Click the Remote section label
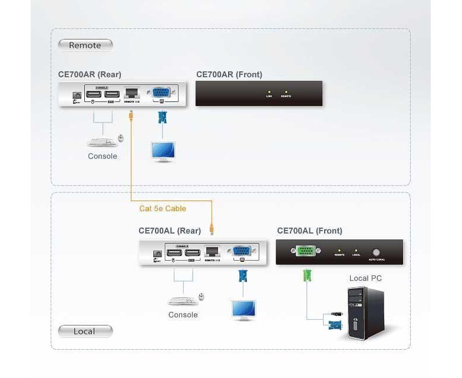pyautogui.click(x=85, y=45)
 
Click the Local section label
pyautogui.click(x=84, y=331)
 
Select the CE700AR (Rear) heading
pyautogui.click(x=90, y=75)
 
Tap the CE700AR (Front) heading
pyautogui.click(x=229, y=75)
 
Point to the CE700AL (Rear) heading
pyautogui.click(x=170, y=231)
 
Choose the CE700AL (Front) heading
pyautogui.click(x=309, y=231)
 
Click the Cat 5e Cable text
pyautogui.click(x=163, y=209)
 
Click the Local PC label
pyautogui.click(x=365, y=278)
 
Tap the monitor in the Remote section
pyautogui.click(x=162, y=151)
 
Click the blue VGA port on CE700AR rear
pyautogui.click(x=161, y=93)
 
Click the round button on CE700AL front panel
pyautogui.click(x=376, y=252)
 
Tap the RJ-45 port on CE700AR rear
pyautogui.click(x=131, y=93)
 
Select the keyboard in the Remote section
pyautogui.click(x=101, y=142)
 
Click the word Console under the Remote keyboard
pyautogui.click(x=103, y=156)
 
